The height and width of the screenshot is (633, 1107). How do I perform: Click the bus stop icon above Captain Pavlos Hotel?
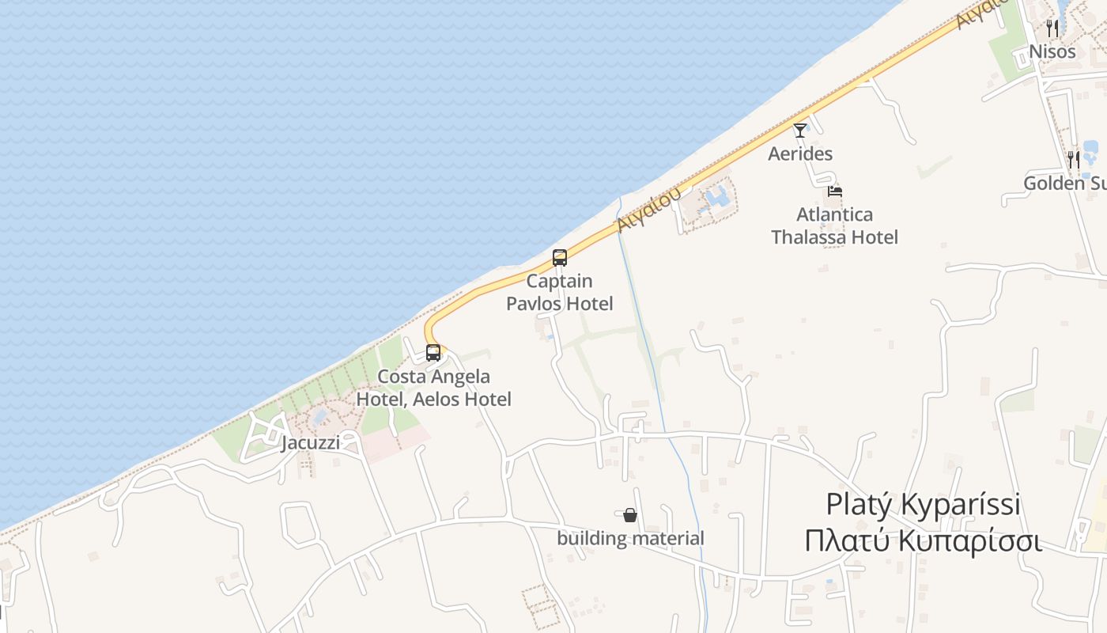pyautogui.click(x=560, y=257)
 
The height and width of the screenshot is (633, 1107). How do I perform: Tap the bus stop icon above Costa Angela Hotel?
pyautogui.click(x=433, y=353)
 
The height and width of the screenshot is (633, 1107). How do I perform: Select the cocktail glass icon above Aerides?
pyautogui.click(x=800, y=130)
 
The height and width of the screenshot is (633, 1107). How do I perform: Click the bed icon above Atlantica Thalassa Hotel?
pyautogui.click(x=835, y=191)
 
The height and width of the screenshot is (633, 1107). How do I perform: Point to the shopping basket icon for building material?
pyautogui.click(x=630, y=515)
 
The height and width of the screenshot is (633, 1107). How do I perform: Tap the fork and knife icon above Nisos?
pyautogui.click(x=1052, y=28)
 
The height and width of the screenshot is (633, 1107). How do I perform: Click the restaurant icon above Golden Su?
pyautogui.click(x=1073, y=160)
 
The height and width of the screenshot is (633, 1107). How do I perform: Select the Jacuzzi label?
pyautogui.click(x=311, y=442)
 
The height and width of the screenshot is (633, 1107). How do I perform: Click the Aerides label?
pyautogui.click(x=800, y=154)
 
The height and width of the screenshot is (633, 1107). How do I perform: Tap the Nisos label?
pyautogui.click(x=1052, y=52)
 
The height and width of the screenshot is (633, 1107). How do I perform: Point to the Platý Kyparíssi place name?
pyautogui.click(x=923, y=504)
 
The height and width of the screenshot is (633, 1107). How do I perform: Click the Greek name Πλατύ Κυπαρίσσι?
pyautogui.click(x=923, y=541)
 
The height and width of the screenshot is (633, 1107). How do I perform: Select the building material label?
pyautogui.click(x=630, y=539)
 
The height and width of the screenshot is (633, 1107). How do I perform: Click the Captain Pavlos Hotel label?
pyautogui.click(x=560, y=292)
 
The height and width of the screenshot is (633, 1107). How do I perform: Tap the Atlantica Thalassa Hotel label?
pyautogui.click(x=835, y=226)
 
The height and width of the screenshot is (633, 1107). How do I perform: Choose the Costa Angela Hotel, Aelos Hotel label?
pyautogui.click(x=433, y=388)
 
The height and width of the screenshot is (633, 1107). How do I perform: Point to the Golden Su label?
pyautogui.click(x=1064, y=184)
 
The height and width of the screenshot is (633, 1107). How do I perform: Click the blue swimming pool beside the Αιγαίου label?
pyautogui.click(x=716, y=196)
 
